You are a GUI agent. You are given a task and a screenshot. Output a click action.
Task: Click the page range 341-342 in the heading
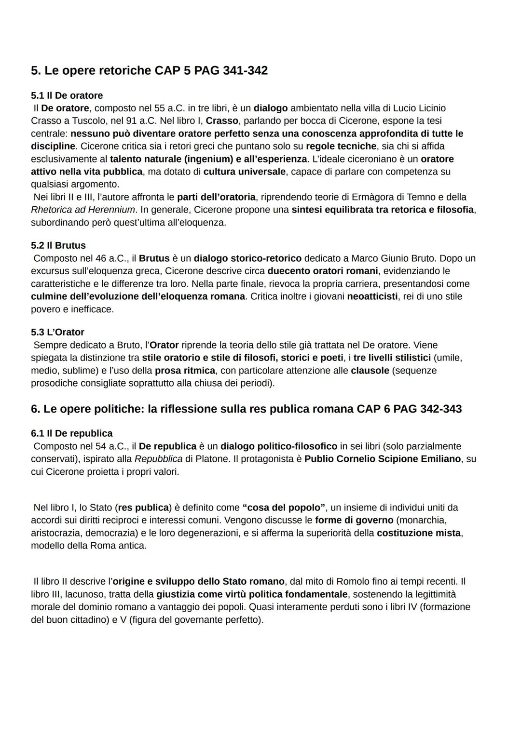(x=245, y=70)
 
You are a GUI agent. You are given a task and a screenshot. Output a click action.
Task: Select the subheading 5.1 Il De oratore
(x=67, y=95)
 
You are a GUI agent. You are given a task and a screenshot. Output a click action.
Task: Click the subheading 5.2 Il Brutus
(x=58, y=245)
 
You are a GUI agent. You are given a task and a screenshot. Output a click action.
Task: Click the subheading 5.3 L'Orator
(x=57, y=332)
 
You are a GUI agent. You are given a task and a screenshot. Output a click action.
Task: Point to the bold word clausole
(x=370, y=371)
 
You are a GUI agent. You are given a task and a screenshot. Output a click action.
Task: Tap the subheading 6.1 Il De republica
(x=71, y=433)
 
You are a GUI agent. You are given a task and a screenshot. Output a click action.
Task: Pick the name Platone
(x=212, y=459)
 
